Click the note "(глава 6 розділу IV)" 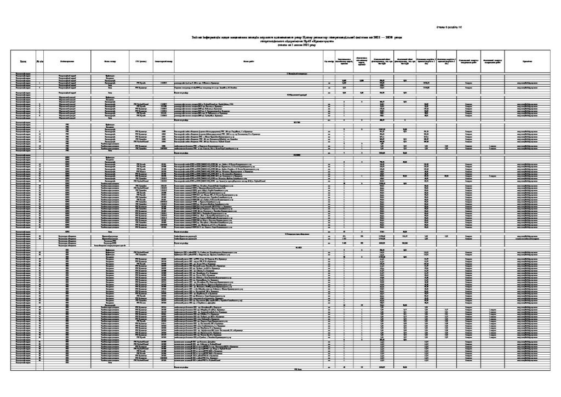449,27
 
